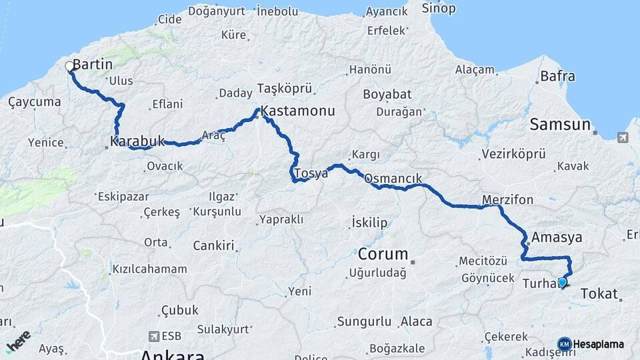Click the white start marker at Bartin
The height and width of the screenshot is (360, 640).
point(69,66)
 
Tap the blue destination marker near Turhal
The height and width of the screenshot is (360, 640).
point(562,283)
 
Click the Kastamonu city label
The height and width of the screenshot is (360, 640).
point(298,111)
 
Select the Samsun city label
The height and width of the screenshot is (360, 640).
point(560,125)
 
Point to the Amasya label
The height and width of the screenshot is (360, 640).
point(557,237)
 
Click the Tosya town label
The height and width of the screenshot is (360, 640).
point(311,173)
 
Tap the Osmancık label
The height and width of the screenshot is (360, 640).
point(393,179)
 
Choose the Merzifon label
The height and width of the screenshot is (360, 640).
point(507,200)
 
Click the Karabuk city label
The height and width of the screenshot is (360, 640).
point(137,141)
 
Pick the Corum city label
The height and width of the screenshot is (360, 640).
point(383,254)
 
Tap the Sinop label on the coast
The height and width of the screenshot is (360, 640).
point(439,9)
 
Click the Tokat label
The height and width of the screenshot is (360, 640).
point(599,293)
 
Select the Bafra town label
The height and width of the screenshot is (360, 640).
point(557,76)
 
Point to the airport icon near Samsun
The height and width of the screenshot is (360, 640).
point(623,137)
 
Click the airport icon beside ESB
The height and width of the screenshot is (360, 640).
point(155,336)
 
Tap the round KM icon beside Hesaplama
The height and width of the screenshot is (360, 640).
point(564,344)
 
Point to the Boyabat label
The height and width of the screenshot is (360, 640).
point(387,94)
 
